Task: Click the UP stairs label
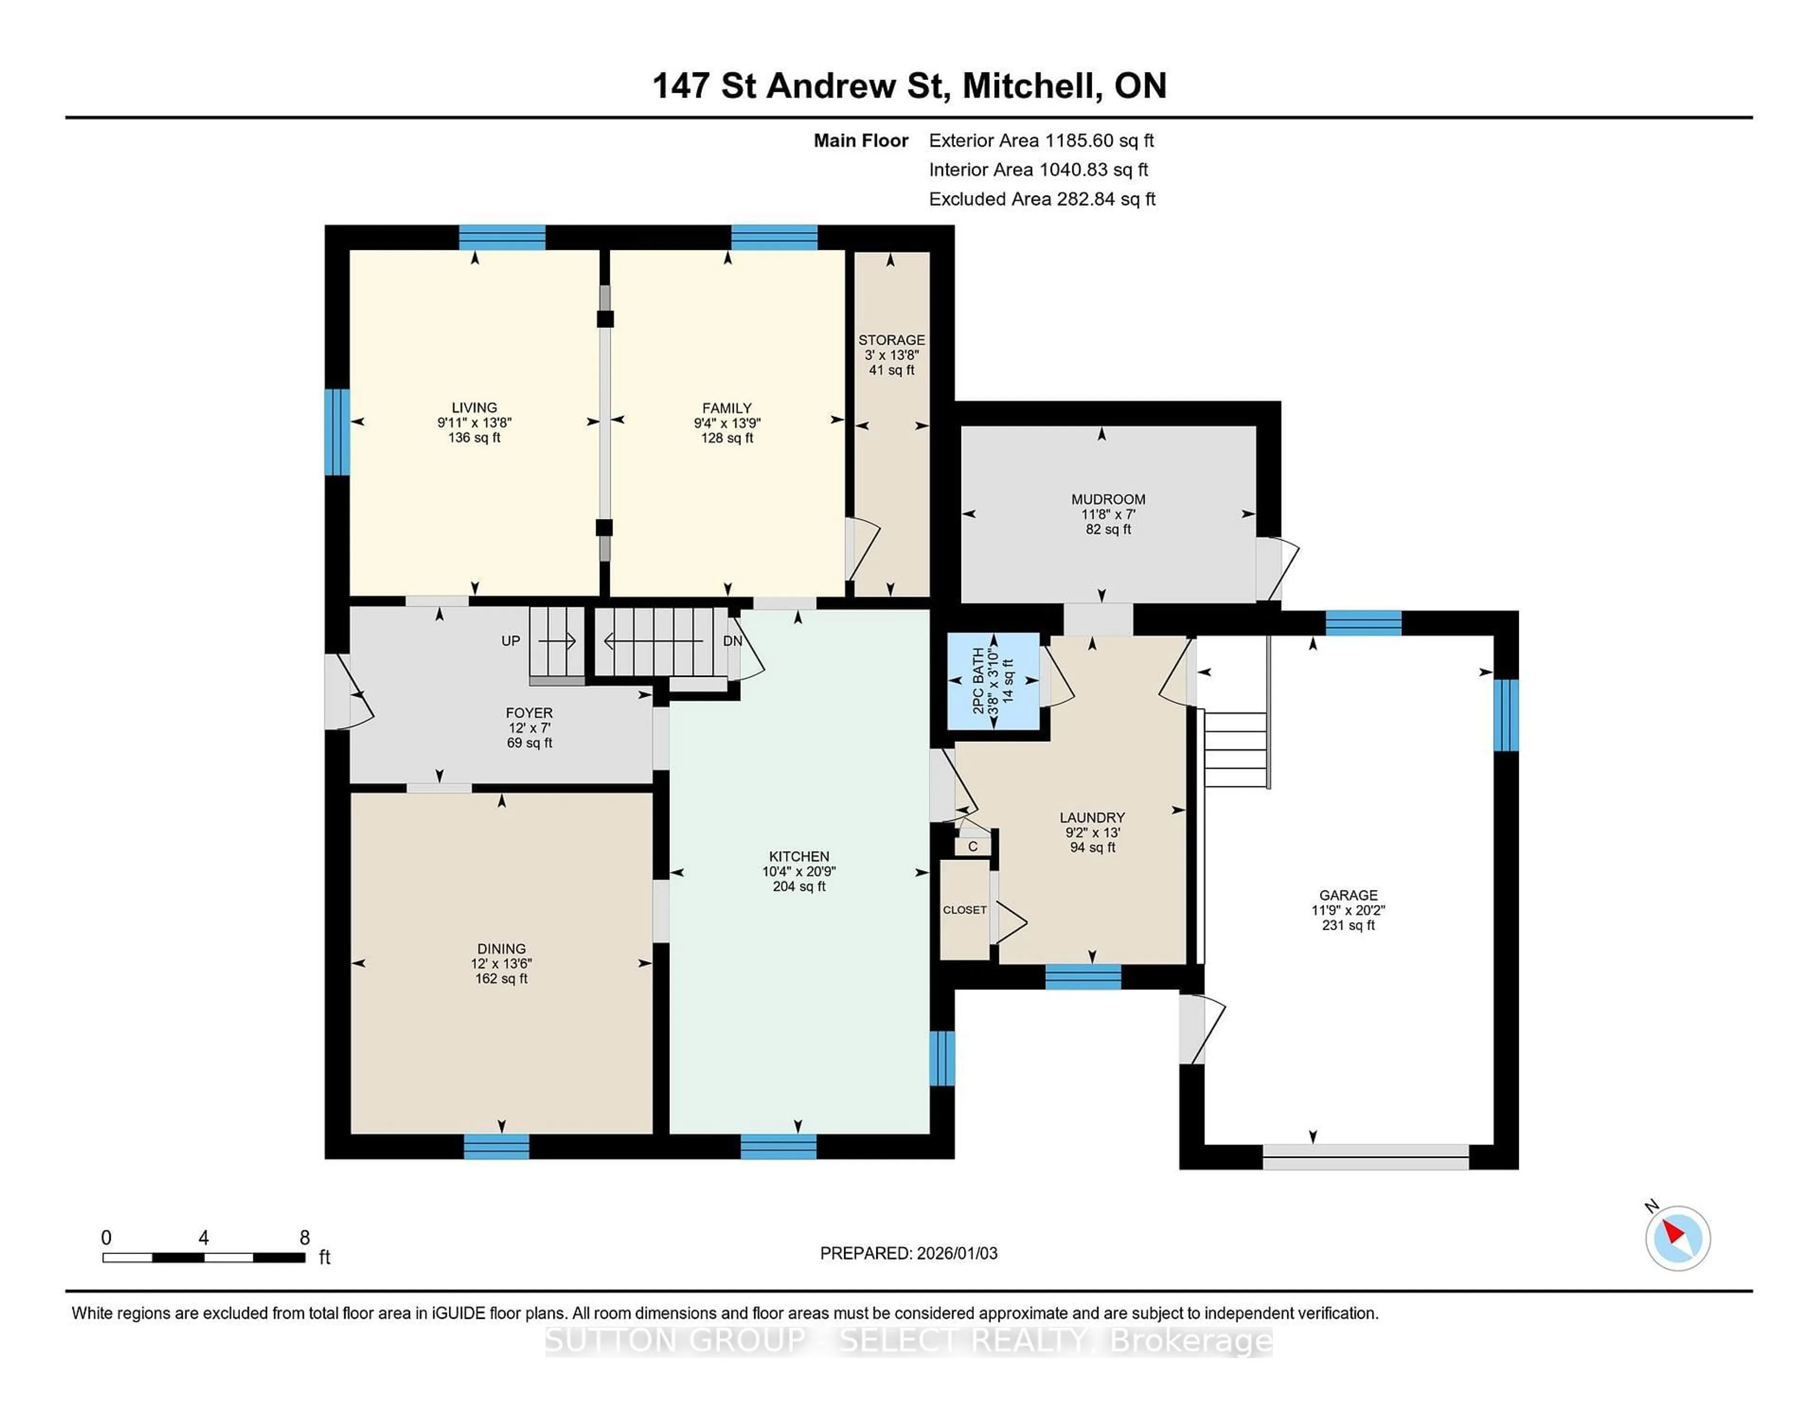(x=510, y=641)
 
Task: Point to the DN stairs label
(x=732, y=641)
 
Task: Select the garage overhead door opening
(x=1365, y=1157)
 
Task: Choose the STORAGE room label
(x=891, y=339)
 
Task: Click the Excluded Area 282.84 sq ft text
(x=1042, y=199)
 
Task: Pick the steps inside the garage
(x=1236, y=749)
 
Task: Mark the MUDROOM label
(x=1108, y=499)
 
